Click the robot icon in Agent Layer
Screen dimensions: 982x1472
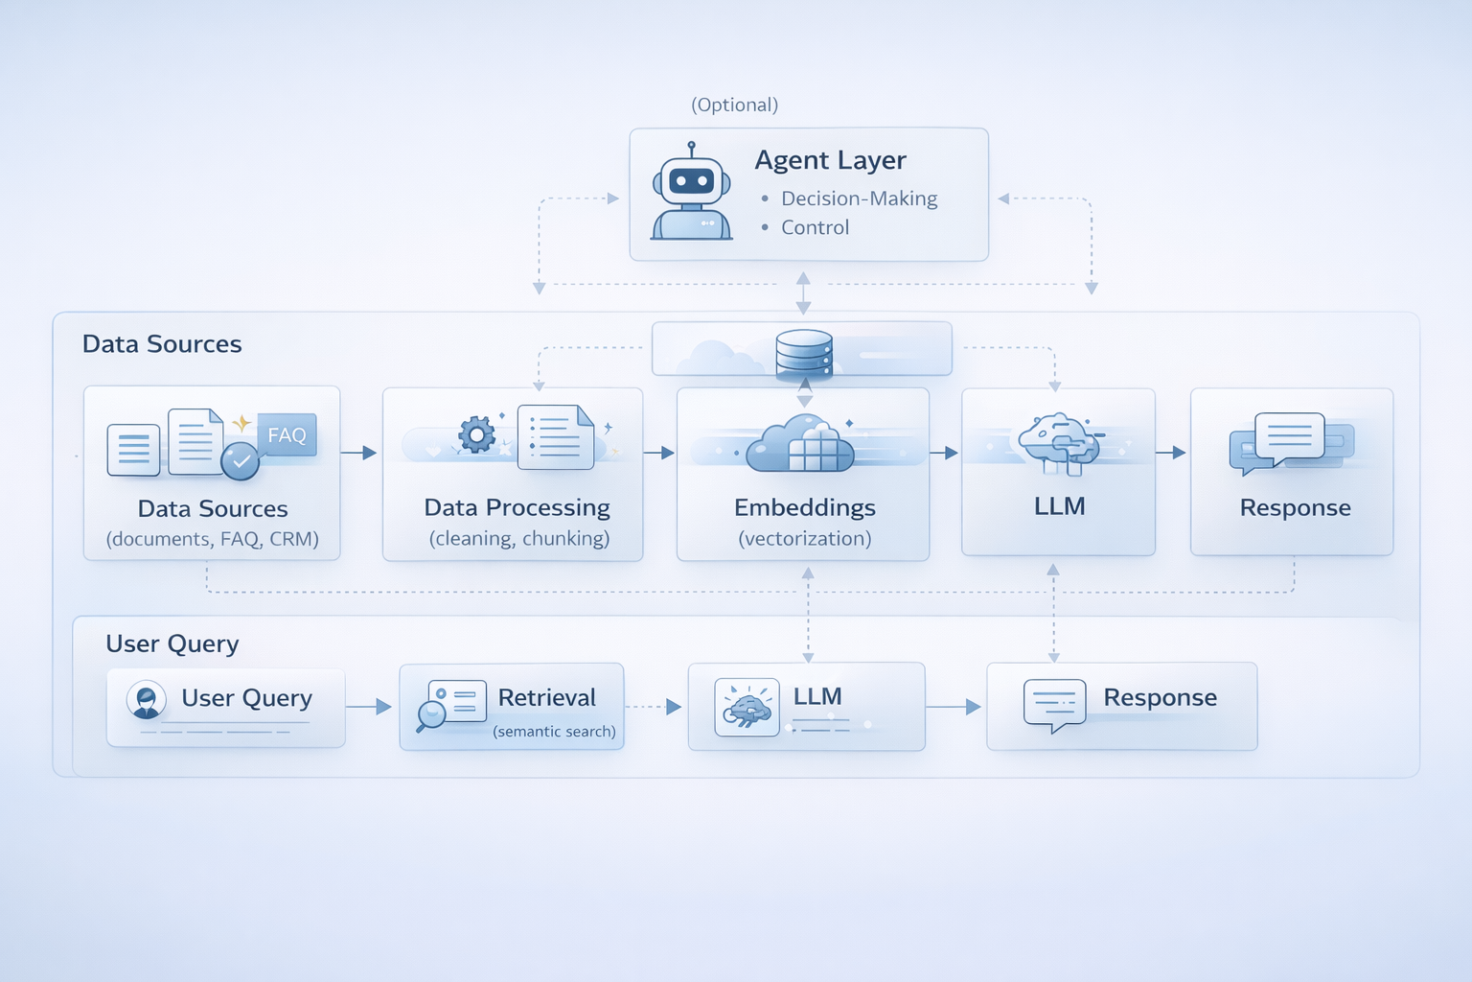pyautogui.click(x=691, y=194)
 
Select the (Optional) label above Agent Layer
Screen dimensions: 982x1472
pyautogui.click(x=735, y=105)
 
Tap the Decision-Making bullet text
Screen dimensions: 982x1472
pyautogui.click(x=859, y=199)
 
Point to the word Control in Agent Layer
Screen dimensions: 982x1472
pyautogui.click(x=815, y=227)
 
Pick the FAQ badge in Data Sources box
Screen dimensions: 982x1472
pyautogui.click(x=287, y=435)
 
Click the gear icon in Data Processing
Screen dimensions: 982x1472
pyautogui.click(x=476, y=434)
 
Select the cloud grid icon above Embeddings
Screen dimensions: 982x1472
pyautogui.click(x=801, y=444)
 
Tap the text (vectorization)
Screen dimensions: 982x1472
pyautogui.click(x=805, y=539)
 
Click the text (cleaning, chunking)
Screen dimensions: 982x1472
pyautogui.click(x=519, y=539)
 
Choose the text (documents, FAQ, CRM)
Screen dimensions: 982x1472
pyautogui.click(x=213, y=539)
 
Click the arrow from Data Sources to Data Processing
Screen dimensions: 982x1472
pyautogui.click(x=359, y=453)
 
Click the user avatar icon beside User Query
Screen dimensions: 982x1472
pyautogui.click(x=147, y=700)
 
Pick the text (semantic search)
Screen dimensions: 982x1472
pyautogui.click(x=554, y=732)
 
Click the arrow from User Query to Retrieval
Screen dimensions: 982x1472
pyautogui.click(x=369, y=707)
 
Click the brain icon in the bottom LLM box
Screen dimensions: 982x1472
pyautogui.click(x=747, y=708)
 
